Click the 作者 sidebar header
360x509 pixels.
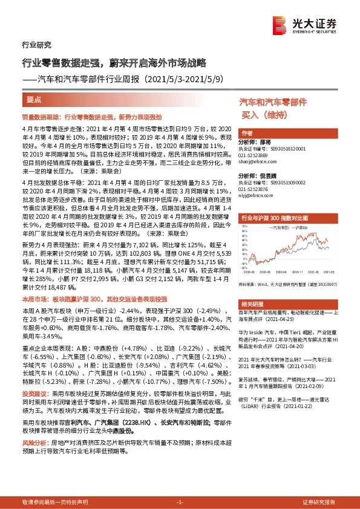(246, 132)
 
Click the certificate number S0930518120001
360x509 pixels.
(285, 148)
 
